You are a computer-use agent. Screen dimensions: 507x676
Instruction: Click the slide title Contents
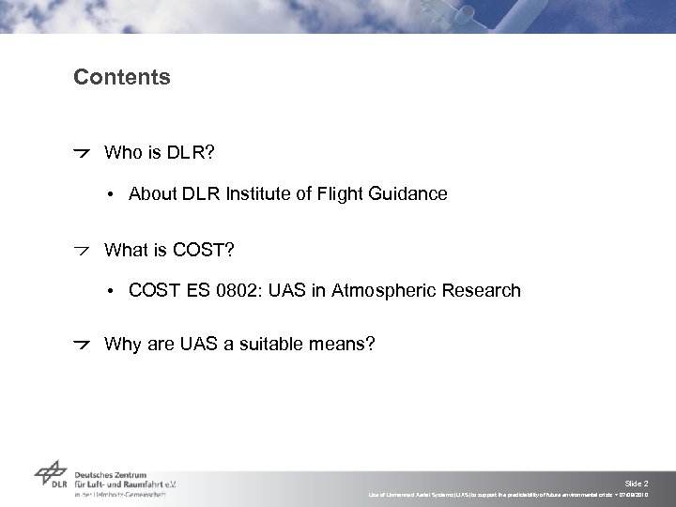coord(122,77)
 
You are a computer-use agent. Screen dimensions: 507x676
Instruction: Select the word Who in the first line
coord(121,152)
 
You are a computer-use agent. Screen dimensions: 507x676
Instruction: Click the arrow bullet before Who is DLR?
coord(84,152)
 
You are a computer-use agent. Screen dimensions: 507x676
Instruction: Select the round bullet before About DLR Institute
coord(110,195)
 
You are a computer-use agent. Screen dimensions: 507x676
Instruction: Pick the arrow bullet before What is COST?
coord(84,250)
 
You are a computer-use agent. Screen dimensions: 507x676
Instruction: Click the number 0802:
coord(228,291)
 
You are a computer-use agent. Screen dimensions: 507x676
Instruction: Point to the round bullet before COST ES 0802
coord(110,292)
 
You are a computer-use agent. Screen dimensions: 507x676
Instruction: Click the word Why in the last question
coord(122,344)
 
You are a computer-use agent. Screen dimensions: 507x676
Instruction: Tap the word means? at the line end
coord(342,344)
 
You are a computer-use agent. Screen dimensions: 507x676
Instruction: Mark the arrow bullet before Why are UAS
coord(84,344)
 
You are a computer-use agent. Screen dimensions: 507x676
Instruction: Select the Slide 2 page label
coord(650,482)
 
